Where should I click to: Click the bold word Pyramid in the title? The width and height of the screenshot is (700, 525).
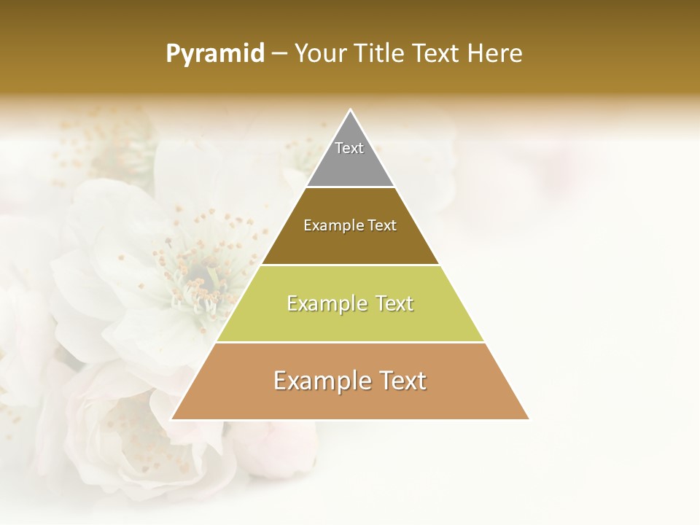click(x=215, y=54)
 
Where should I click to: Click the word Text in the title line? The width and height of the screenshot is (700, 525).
click(x=437, y=53)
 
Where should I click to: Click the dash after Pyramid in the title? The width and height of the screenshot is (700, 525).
click(x=279, y=54)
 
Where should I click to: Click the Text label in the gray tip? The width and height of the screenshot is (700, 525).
click(x=349, y=148)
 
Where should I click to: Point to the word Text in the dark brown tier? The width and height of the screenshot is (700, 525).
click(x=382, y=226)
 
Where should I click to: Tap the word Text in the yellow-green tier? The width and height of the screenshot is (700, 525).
click(x=394, y=303)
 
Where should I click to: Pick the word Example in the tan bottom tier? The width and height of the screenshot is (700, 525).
click(x=320, y=381)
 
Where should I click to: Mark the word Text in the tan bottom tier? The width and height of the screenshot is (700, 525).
click(x=400, y=381)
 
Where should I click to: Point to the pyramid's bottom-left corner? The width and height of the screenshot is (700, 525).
click(x=172, y=419)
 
